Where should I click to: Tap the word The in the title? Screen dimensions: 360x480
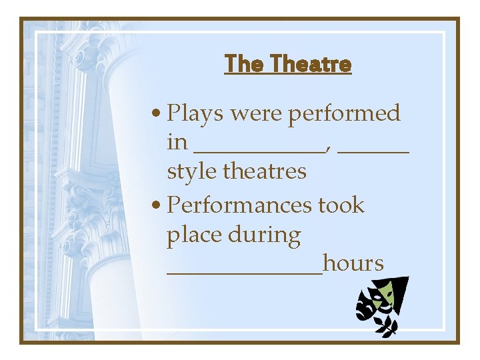click(242, 64)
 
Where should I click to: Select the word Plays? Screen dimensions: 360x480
click(196, 114)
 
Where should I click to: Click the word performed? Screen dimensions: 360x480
click(344, 114)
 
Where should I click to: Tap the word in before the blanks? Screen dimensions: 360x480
click(177, 143)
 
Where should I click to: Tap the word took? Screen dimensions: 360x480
click(341, 205)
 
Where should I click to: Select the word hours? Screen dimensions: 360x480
click(353, 263)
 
